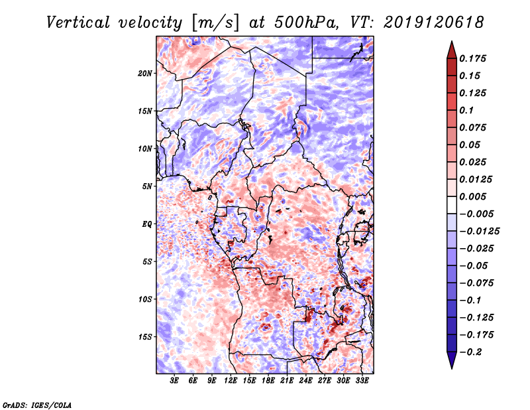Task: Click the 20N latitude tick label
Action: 145,73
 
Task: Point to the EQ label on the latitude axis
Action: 147,224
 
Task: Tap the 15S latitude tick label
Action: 145,337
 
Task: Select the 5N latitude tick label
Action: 147,186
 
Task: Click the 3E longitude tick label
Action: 175,381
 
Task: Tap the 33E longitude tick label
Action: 362,381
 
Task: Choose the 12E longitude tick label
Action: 231,381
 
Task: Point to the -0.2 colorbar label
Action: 474,352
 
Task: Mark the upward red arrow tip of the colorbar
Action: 451,43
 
